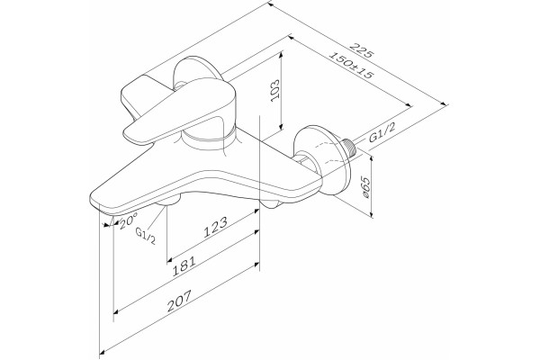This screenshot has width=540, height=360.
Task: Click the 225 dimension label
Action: click(x=361, y=50)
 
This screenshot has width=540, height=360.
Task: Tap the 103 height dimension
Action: click(x=274, y=90)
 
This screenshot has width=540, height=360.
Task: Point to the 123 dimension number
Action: click(x=216, y=227)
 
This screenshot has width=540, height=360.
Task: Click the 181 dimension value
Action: click(x=184, y=266)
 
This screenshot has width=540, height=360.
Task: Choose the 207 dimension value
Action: click(x=179, y=301)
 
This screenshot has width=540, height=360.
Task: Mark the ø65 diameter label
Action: click(x=365, y=187)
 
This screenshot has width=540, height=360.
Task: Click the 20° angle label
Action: click(x=128, y=220)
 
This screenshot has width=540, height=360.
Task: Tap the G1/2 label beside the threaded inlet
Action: click(x=382, y=132)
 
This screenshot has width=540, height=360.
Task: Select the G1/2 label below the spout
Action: click(x=145, y=235)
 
